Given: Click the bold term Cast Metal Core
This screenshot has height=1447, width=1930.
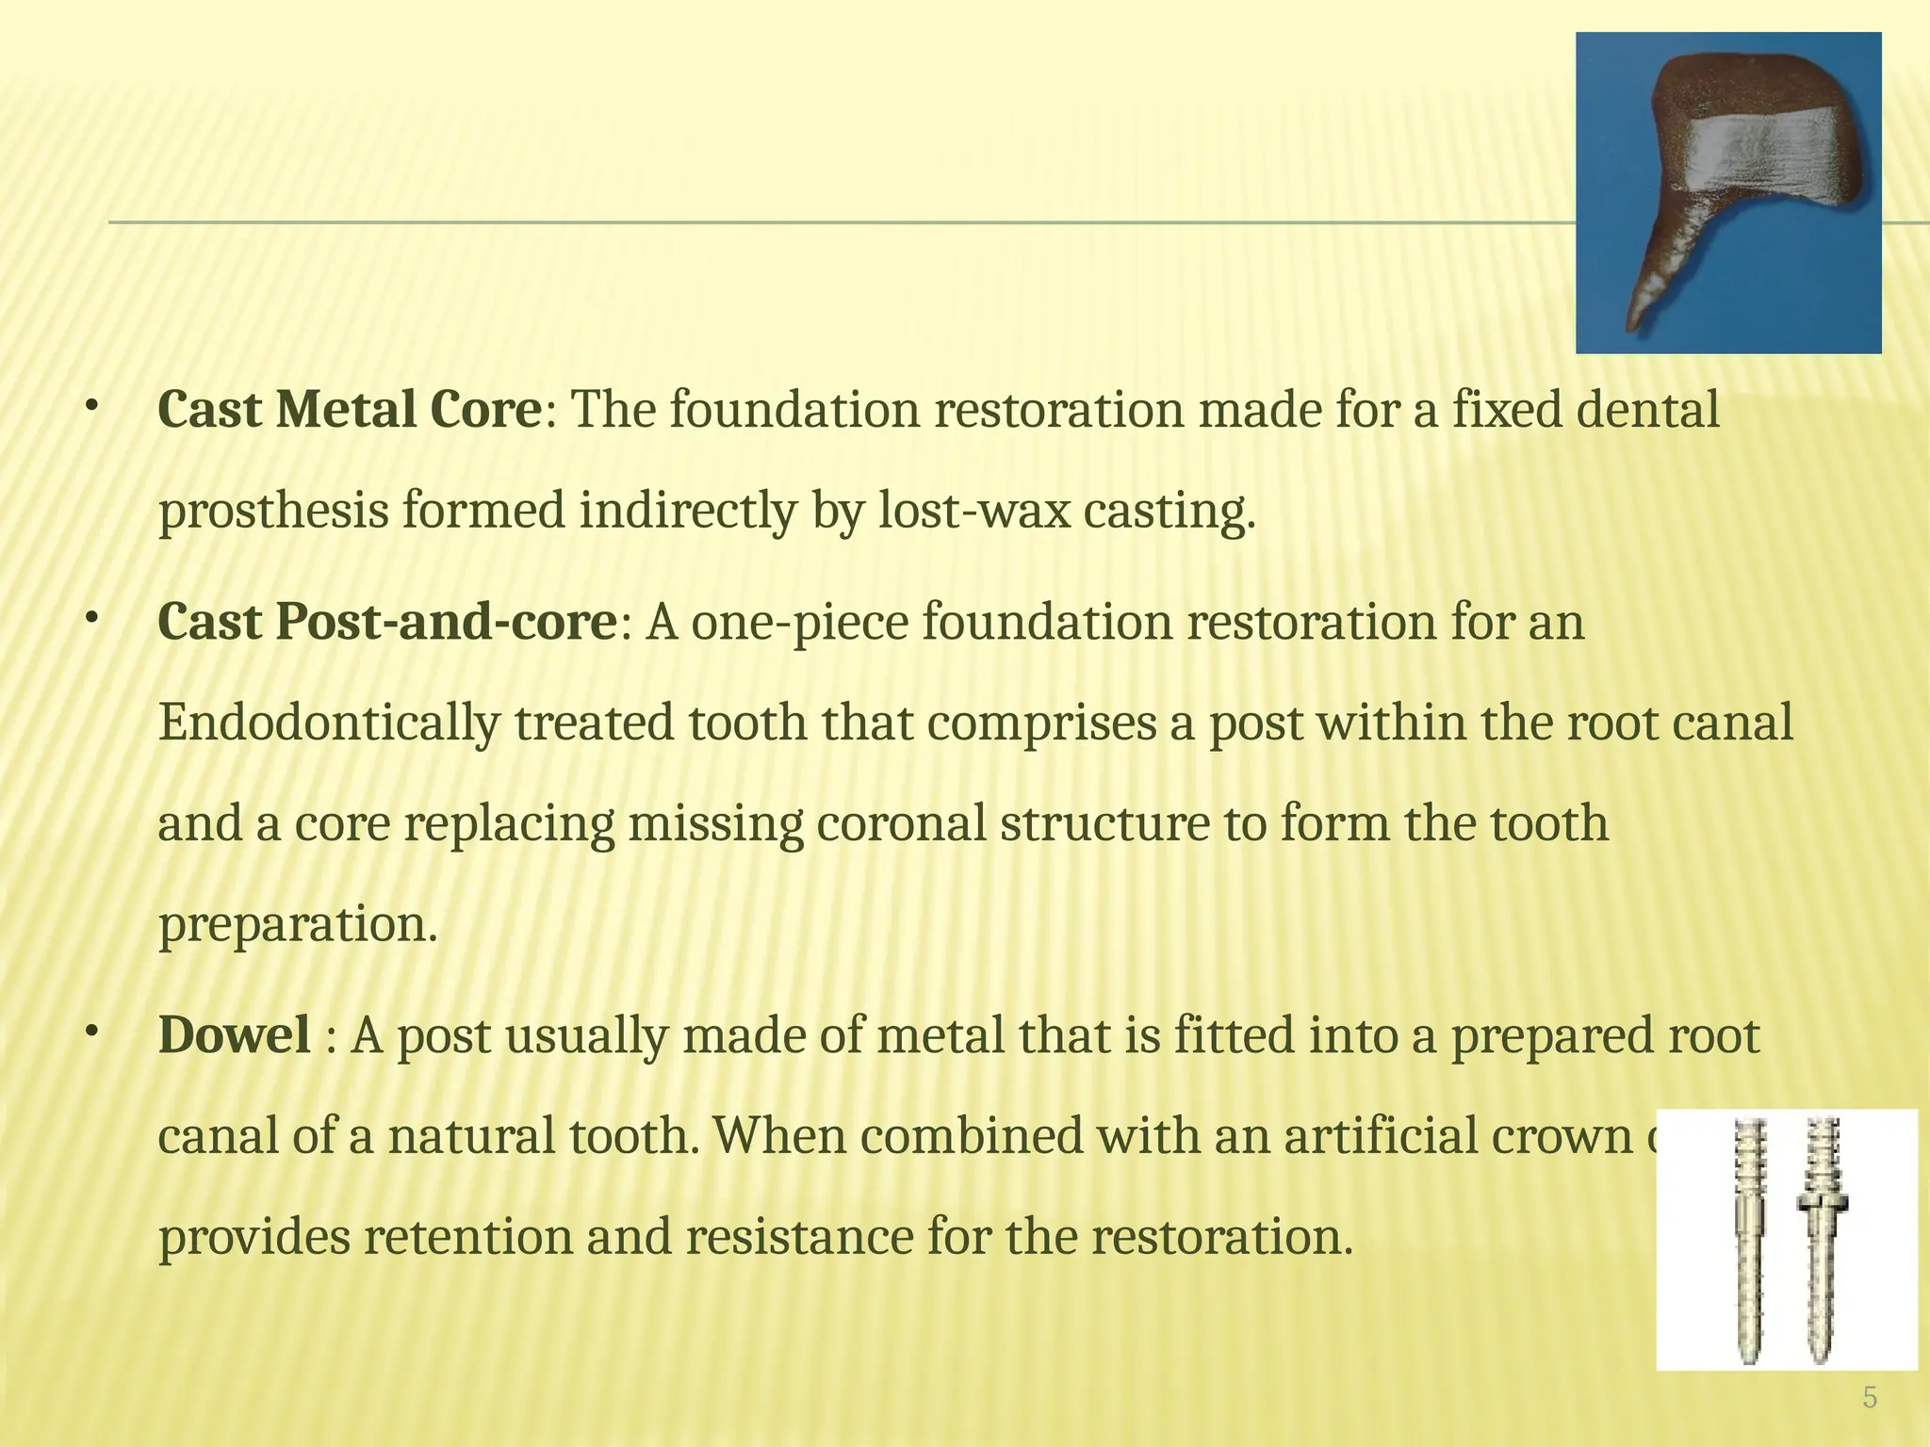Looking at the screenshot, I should tap(350, 411).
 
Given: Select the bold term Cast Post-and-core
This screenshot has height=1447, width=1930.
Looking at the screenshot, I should tap(387, 623).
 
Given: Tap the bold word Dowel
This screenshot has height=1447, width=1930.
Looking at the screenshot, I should tap(235, 1035).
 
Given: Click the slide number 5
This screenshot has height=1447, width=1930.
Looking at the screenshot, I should tap(1870, 1398).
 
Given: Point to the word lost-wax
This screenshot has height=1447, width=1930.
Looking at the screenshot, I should tap(974, 512).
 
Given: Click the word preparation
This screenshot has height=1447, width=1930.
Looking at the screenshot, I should tap(297, 925).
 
